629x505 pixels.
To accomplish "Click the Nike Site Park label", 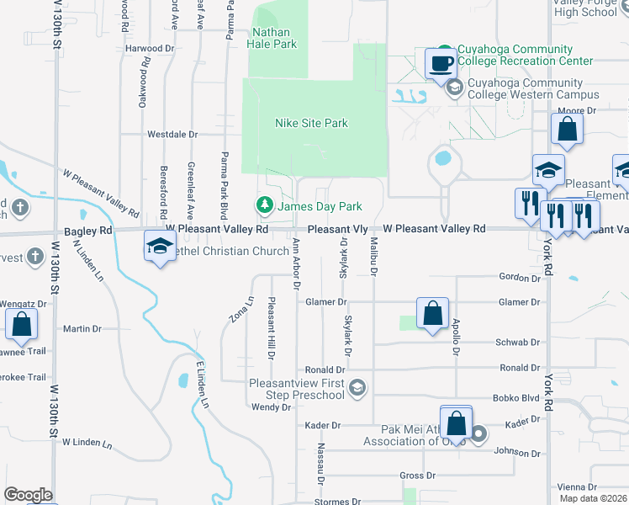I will (311, 124).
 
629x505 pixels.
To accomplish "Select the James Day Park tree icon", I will (265, 205).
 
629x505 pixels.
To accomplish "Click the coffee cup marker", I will (441, 62).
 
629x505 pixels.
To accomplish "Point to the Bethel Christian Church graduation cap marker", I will (158, 246).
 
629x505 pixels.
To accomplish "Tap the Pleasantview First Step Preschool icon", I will (357, 387).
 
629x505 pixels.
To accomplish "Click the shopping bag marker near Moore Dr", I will (567, 130).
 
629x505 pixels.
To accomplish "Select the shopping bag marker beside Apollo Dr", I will (431, 314).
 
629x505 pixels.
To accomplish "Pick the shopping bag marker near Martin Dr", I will (20, 324).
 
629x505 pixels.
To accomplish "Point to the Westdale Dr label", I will (172, 134).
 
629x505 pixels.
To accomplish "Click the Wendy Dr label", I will (271, 407).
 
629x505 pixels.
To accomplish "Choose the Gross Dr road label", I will (417, 476).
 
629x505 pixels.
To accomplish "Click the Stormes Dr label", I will (336, 502).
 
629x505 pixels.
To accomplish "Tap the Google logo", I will (29, 495).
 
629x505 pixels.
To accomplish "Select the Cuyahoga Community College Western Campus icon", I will (454, 88).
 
